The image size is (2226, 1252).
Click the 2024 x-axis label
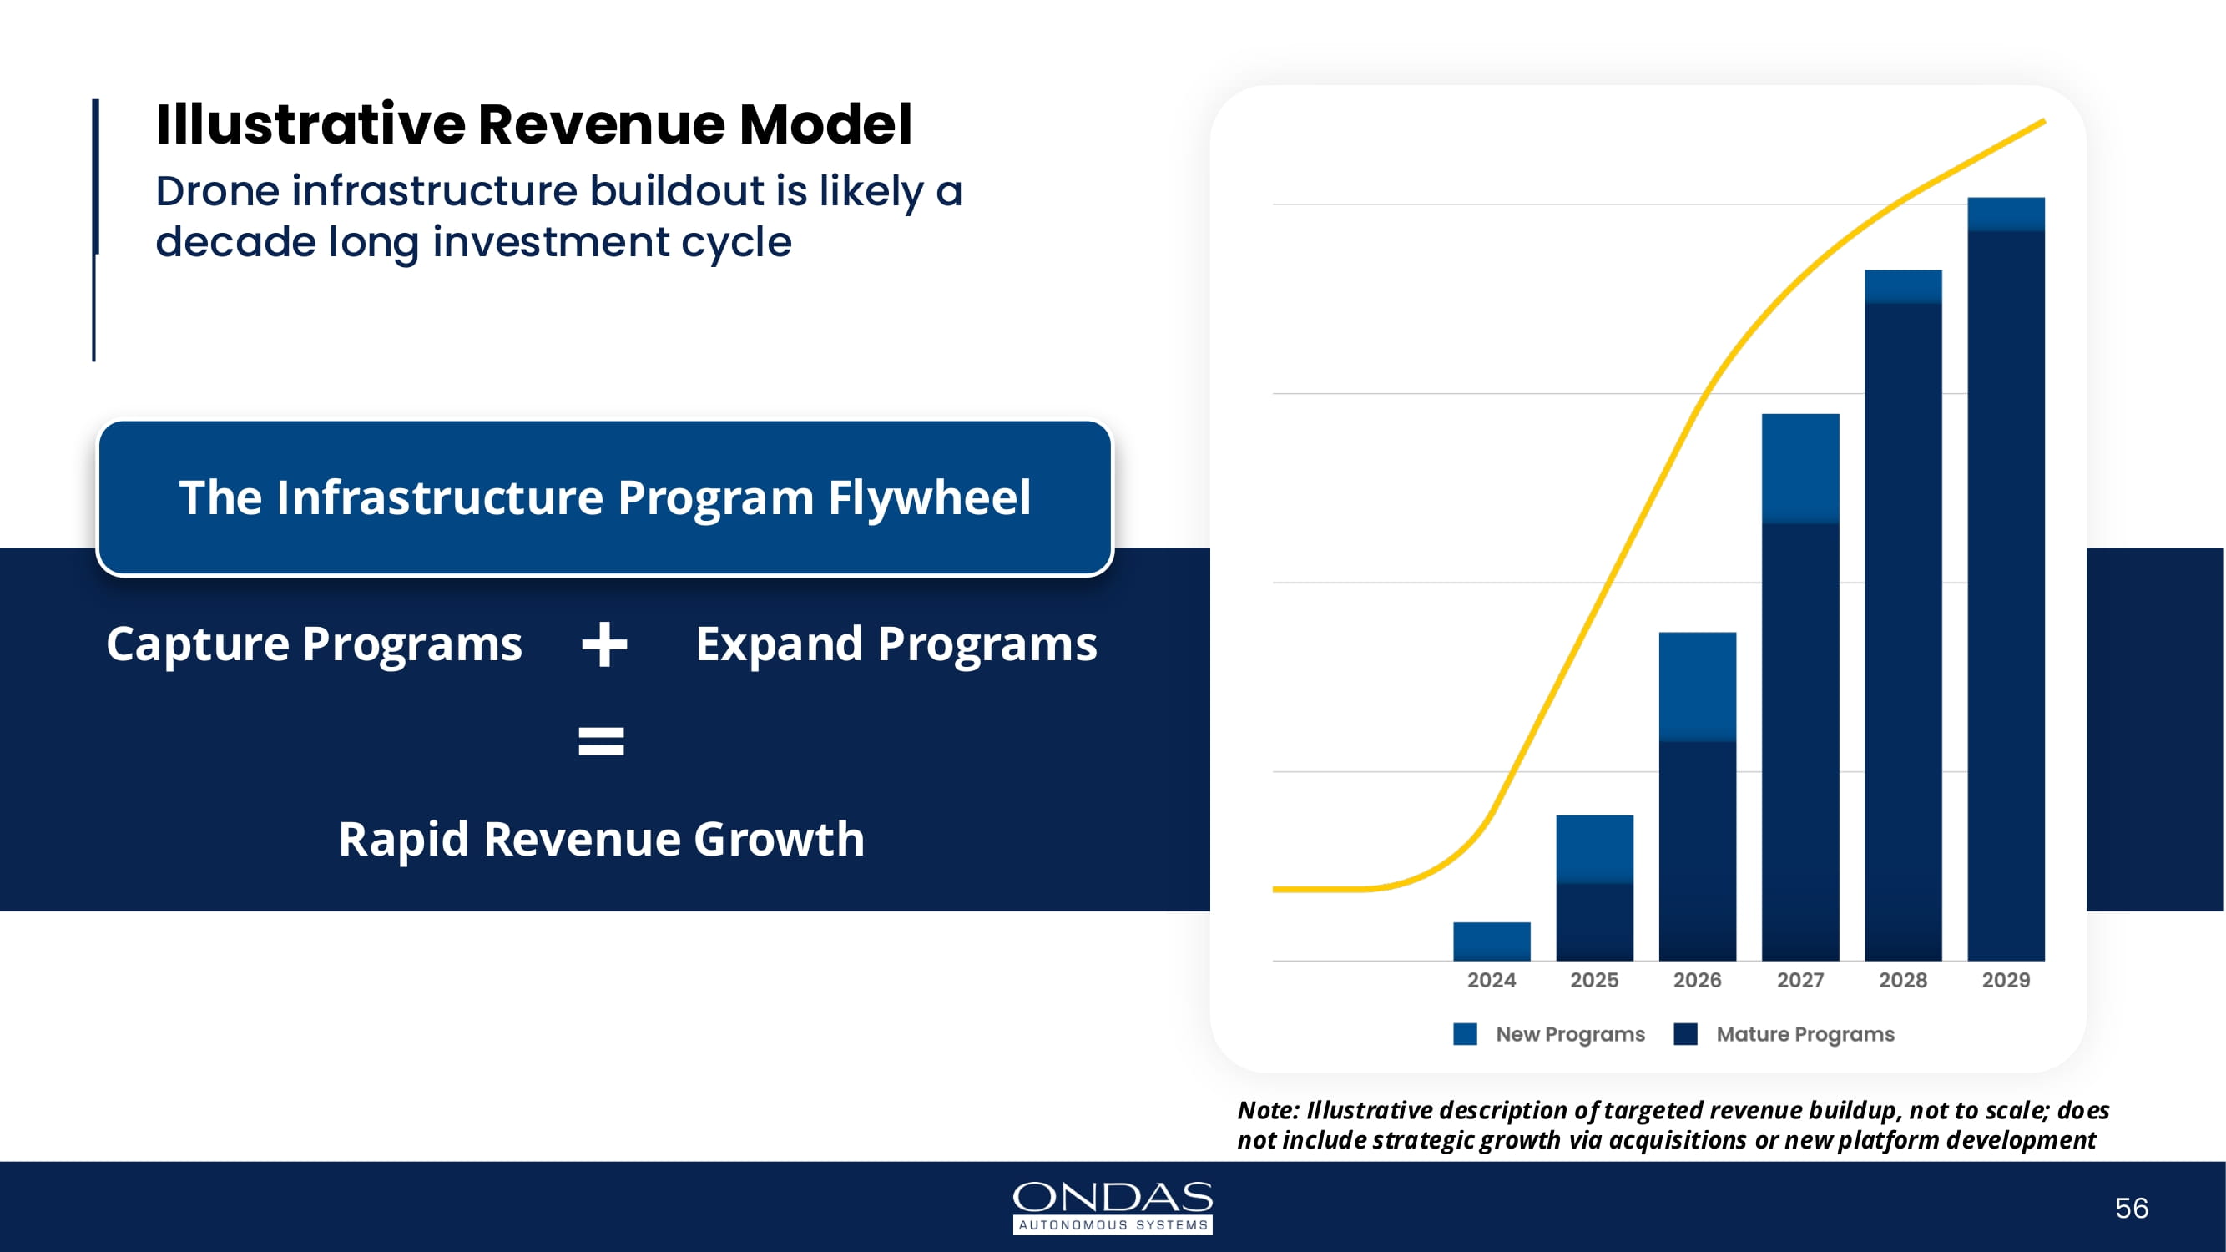(1491, 980)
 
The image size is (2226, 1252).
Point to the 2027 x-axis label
(1800, 980)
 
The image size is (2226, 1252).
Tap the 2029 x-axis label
(2006, 980)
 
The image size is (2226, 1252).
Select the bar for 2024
(1492, 941)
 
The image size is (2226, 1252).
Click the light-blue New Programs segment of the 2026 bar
(1697, 686)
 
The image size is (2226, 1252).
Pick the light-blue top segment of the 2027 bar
(1800, 467)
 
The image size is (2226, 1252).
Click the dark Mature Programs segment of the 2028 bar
(1903, 631)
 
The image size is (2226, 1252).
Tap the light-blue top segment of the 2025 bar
(1594, 849)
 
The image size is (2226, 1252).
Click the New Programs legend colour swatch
(1465, 1034)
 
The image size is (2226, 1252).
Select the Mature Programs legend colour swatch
(1685, 1034)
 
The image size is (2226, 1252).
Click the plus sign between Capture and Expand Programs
(604, 644)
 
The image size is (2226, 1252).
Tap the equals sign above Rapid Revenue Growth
(601, 741)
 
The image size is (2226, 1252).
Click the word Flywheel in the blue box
(929, 497)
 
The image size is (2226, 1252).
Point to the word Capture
(198, 644)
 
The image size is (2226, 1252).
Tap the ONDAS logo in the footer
(1112, 1206)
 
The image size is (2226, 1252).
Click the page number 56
(2131, 1208)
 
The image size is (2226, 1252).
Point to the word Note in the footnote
(1267, 1110)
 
